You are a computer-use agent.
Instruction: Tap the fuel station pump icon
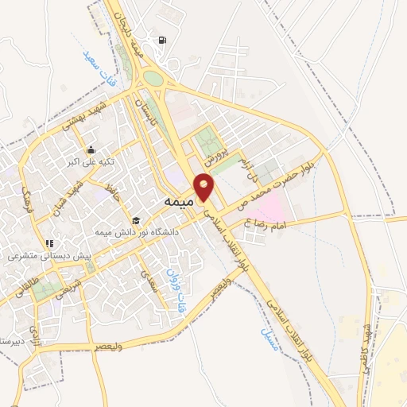pos(164,41)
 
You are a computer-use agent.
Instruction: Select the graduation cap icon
pos(136,221)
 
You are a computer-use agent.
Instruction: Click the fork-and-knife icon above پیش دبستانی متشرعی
pos(49,244)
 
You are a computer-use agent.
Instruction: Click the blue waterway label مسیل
pos(267,339)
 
